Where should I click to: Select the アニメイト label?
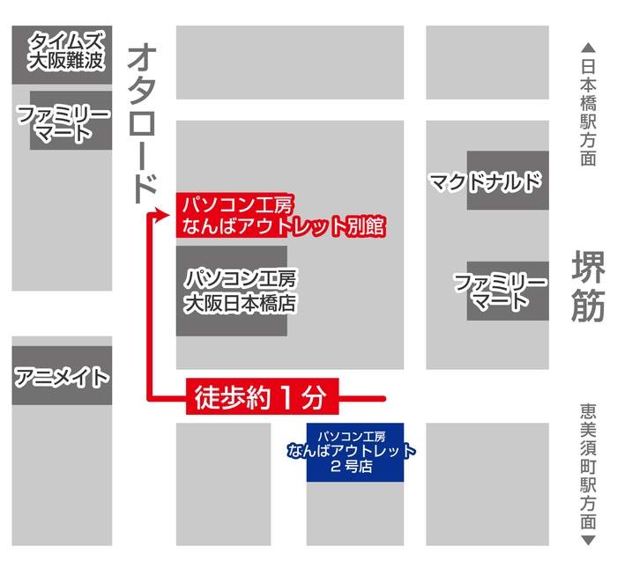[62, 377]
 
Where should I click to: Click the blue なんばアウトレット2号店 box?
[354, 452]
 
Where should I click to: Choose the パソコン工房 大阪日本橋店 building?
[232, 291]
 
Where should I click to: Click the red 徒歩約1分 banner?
[260, 398]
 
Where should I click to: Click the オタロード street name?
[142, 123]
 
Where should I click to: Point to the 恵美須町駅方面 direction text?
[588, 466]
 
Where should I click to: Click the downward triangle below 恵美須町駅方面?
[588, 539]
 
